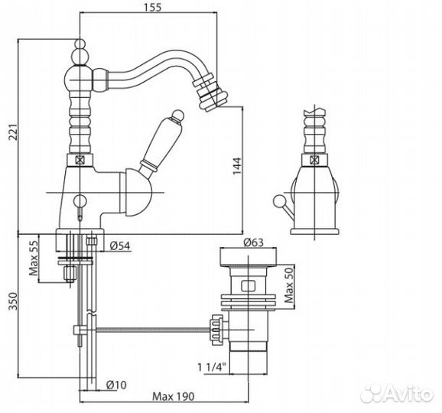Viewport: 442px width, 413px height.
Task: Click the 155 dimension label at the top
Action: coord(153,7)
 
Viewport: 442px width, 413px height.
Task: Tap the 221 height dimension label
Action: coord(14,132)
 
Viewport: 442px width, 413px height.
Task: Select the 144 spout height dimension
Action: coord(237,166)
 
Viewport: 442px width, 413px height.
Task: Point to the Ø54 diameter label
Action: coord(120,246)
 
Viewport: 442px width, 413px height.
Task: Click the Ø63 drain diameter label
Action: coord(253,242)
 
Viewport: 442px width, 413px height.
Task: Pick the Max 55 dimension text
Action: coord(34,258)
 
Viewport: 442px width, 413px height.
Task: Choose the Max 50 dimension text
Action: coord(289,285)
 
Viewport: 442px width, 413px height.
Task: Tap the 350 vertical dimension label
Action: coord(13,301)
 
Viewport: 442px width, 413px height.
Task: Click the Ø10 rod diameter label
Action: coord(116,385)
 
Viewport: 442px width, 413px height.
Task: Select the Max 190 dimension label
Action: coord(174,397)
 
